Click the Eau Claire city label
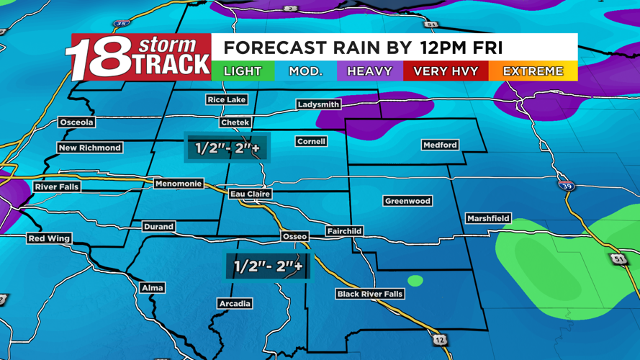[250, 194]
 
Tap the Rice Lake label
[226, 99]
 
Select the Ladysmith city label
[318, 104]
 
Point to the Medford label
[440, 145]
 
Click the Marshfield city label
[488, 217]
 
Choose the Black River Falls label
[370, 294]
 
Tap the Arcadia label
[235, 304]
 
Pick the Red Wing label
[49, 238]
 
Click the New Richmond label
[90, 148]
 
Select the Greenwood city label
[407, 201]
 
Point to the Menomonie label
[179, 184]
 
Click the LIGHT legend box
[243, 71]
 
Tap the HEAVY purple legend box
[369, 71]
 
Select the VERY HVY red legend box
[446, 71]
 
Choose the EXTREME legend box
[533, 71]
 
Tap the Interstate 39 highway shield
[567, 185]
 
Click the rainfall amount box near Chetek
[227, 148]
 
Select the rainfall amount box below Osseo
[268, 266]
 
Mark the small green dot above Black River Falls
[415, 280]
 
